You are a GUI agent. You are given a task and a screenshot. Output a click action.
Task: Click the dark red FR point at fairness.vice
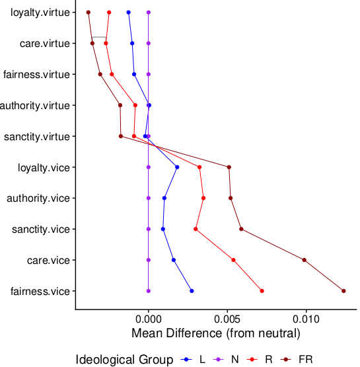coord(343,291)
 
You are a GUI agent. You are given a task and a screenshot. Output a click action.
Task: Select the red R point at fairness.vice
coord(262,291)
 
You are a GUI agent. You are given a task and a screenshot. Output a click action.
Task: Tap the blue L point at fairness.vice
coord(192,291)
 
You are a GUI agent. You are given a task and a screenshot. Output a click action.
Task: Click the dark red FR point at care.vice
coord(305,260)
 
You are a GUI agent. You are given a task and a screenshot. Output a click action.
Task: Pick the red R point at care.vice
coord(233,260)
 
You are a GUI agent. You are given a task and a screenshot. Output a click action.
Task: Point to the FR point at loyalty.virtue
coord(89,13)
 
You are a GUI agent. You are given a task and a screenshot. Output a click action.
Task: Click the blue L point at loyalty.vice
coord(177,167)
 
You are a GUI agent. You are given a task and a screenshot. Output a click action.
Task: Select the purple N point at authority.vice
coord(149,198)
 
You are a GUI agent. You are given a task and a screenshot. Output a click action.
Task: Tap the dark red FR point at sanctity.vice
coord(241,229)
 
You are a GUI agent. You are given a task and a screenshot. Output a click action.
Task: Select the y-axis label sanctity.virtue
coord(37,136)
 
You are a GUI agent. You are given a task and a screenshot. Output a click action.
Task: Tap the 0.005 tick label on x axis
coord(227,317)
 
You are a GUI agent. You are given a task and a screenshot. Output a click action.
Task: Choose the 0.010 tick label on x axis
coord(306,317)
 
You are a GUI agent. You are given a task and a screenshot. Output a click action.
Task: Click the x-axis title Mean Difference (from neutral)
coord(216,332)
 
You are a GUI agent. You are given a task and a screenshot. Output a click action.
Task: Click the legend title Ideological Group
coord(125,360)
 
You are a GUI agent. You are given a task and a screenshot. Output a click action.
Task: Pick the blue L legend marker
coord(187,360)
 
